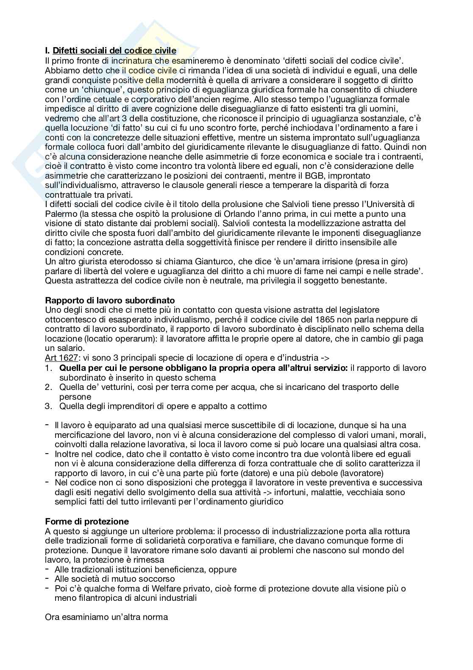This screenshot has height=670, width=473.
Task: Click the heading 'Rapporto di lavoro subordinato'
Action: tap(110, 300)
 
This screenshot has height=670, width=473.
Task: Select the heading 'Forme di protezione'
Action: tap(87, 521)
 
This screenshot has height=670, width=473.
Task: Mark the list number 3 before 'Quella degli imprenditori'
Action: tap(48, 406)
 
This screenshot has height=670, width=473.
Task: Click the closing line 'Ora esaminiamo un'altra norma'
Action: tap(106, 617)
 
